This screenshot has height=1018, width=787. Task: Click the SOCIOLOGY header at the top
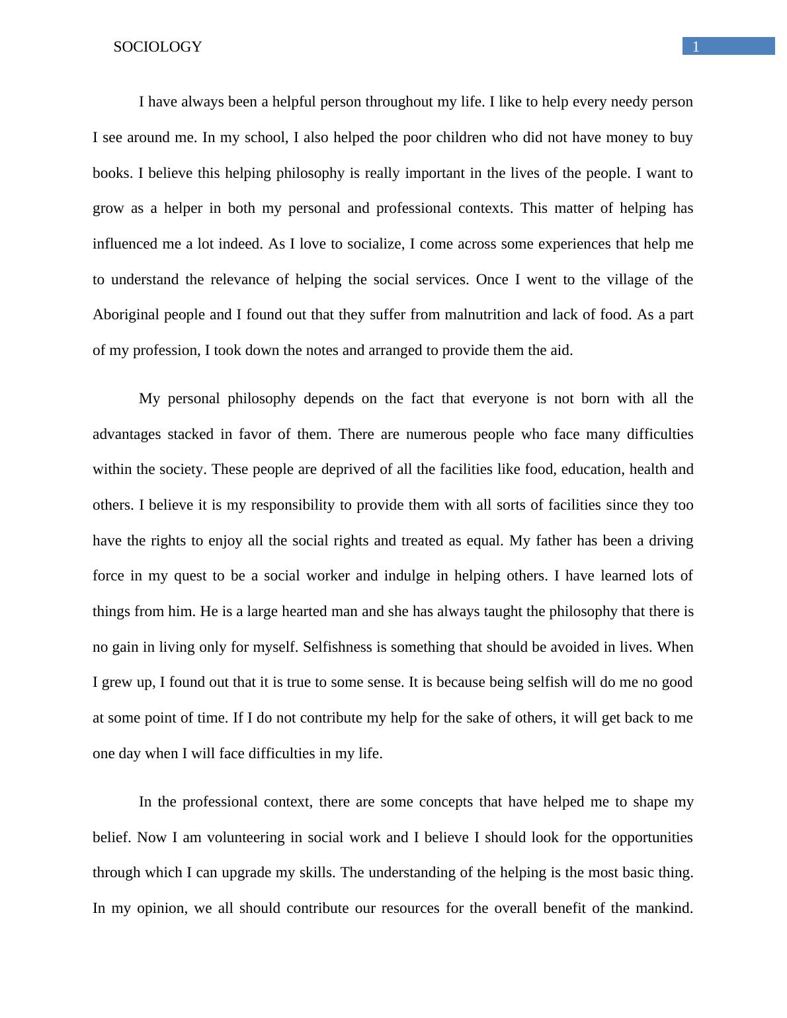(157, 47)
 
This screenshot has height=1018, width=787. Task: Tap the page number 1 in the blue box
(696, 46)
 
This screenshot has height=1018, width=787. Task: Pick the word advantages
(126, 434)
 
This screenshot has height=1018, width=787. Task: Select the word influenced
(126, 244)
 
